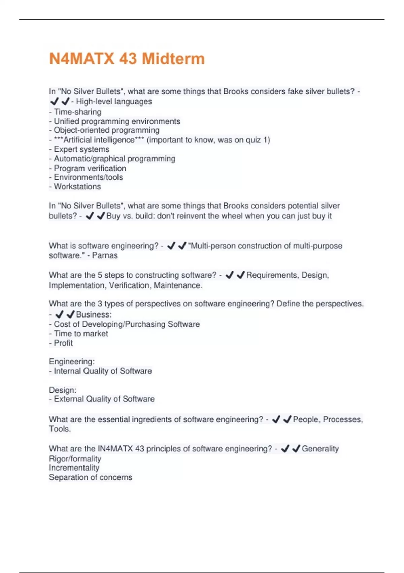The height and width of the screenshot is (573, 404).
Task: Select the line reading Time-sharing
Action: point(77,112)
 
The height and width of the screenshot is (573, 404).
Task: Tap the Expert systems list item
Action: point(81,149)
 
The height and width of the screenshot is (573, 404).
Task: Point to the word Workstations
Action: point(77,187)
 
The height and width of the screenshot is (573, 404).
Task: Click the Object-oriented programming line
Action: point(106,130)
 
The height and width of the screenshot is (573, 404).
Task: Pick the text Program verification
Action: point(90,168)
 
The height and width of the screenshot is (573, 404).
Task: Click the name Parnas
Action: point(105,255)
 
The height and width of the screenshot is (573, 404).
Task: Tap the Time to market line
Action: point(80,334)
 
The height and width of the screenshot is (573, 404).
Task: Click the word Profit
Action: point(63,343)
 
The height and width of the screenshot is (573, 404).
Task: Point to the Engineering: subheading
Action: point(72,362)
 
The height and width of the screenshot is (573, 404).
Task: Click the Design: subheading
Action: point(63,390)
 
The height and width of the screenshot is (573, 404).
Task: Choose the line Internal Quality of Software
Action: point(102,371)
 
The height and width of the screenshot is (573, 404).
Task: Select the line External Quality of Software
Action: point(104,399)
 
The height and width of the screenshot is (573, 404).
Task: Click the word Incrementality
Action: point(74,468)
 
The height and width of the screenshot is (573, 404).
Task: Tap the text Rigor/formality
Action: point(75,459)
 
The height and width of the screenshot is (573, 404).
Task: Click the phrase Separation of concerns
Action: point(90,477)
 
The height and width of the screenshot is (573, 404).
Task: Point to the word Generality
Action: point(320,449)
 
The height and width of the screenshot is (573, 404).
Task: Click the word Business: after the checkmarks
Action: point(94,314)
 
